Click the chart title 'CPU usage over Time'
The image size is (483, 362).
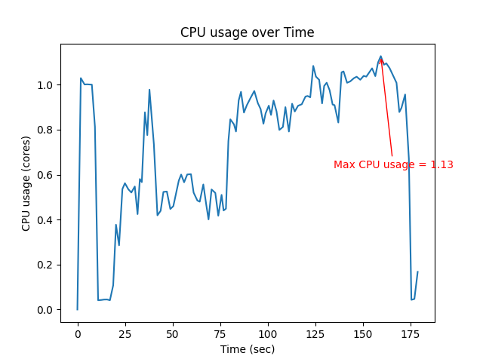pyautogui.click(x=248, y=33)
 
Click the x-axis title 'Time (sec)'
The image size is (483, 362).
pyautogui.click(x=248, y=349)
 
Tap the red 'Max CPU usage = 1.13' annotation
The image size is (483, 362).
pyautogui.click(x=393, y=164)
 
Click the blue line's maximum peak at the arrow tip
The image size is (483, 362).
pyautogui.click(x=381, y=56)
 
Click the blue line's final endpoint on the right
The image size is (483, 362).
pyautogui.click(x=417, y=271)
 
